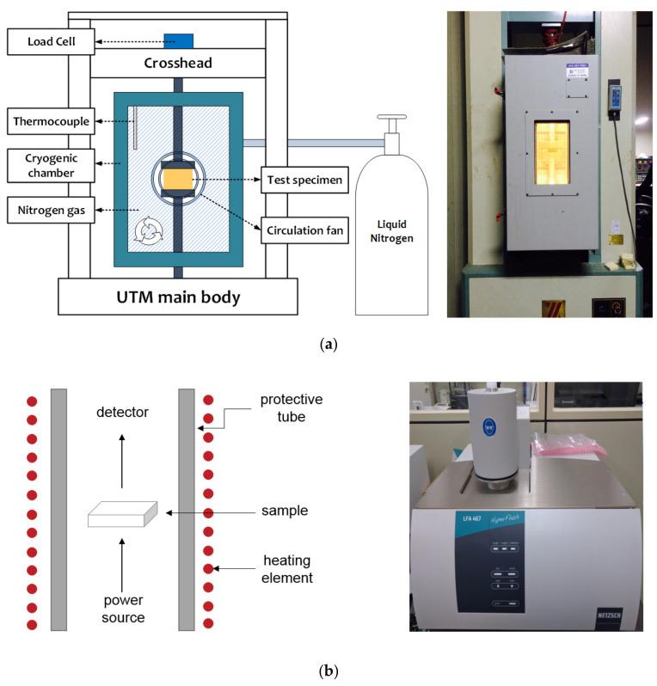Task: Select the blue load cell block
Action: click(x=180, y=40)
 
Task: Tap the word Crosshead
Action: click(x=178, y=63)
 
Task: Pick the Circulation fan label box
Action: click(x=305, y=230)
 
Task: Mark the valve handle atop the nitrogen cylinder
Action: click(x=392, y=121)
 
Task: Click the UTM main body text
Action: click(x=178, y=298)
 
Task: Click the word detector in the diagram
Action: click(x=123, y=413)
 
